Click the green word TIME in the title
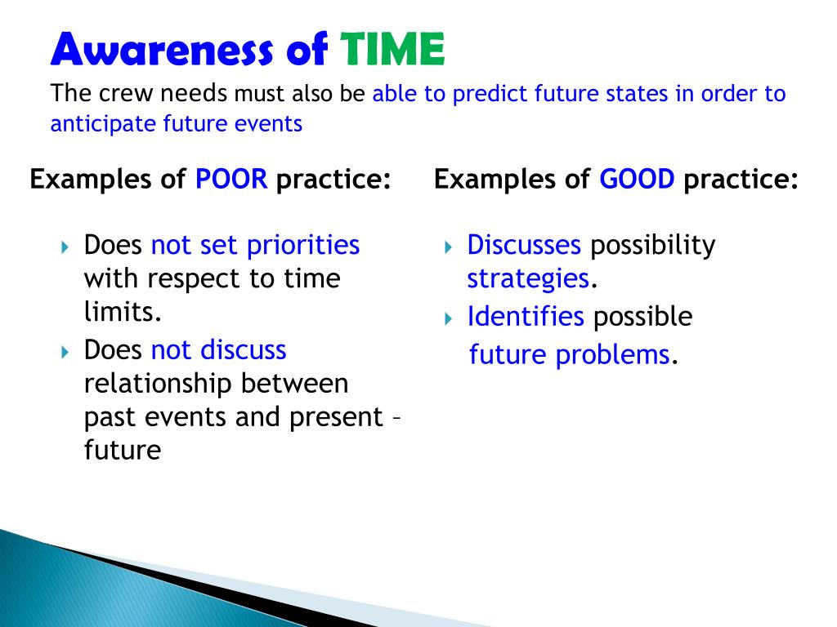392,49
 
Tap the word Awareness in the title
162,49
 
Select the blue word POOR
231,179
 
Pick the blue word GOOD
637,179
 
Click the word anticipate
103,124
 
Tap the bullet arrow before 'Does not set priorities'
65,247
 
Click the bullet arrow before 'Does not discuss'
65,352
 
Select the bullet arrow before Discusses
449,247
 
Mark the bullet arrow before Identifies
449,319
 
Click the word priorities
303,246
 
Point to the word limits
123,311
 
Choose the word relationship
158,384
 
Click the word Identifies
526,316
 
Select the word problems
612,355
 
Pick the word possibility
652,246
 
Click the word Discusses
524,245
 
